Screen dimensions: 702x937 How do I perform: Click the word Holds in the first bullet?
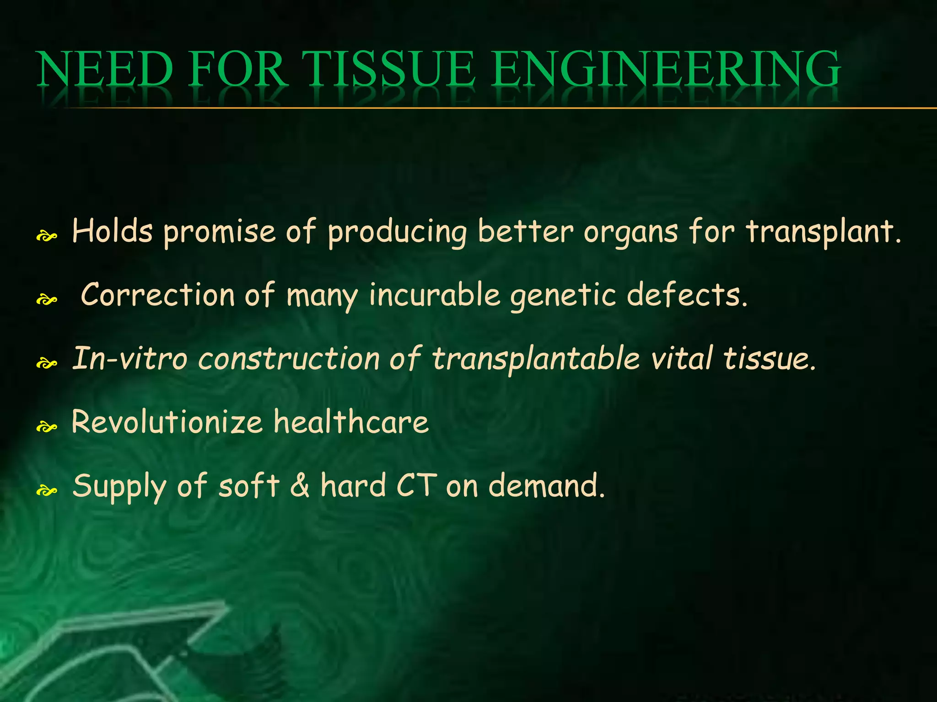112,231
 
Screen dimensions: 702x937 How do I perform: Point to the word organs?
630,232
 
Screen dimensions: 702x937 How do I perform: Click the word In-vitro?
130,358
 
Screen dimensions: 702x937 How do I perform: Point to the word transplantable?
536,359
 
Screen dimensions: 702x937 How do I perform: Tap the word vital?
682,358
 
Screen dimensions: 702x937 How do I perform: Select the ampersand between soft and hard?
300,486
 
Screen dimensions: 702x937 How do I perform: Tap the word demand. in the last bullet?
547,486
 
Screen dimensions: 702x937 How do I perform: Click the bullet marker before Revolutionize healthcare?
47,427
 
